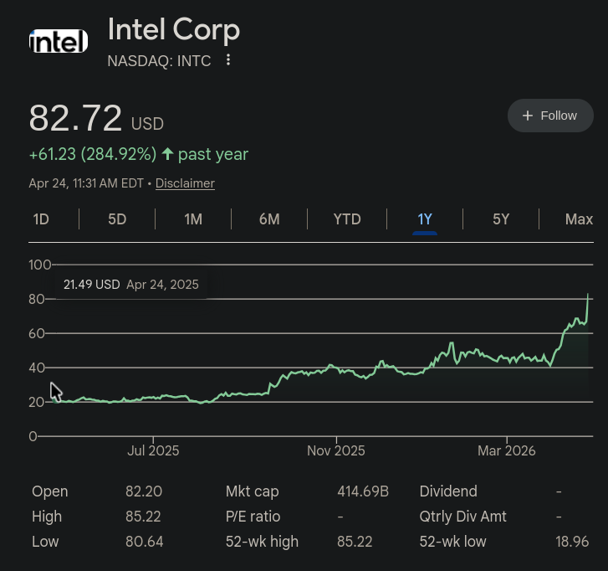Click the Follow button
549,116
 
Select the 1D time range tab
41,219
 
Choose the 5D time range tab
117,219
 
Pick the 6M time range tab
269,219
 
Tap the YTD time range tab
347,219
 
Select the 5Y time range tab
501,219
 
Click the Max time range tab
579,219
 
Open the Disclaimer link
185,183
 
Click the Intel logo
59,41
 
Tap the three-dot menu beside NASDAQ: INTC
228,60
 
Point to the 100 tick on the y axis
40,265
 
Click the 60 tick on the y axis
37,333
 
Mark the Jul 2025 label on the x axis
153,450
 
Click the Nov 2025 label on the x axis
336,450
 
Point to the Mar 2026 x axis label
507,450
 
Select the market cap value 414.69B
363,491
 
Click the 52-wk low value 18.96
572,542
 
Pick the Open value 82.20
144,491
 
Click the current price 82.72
75,119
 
